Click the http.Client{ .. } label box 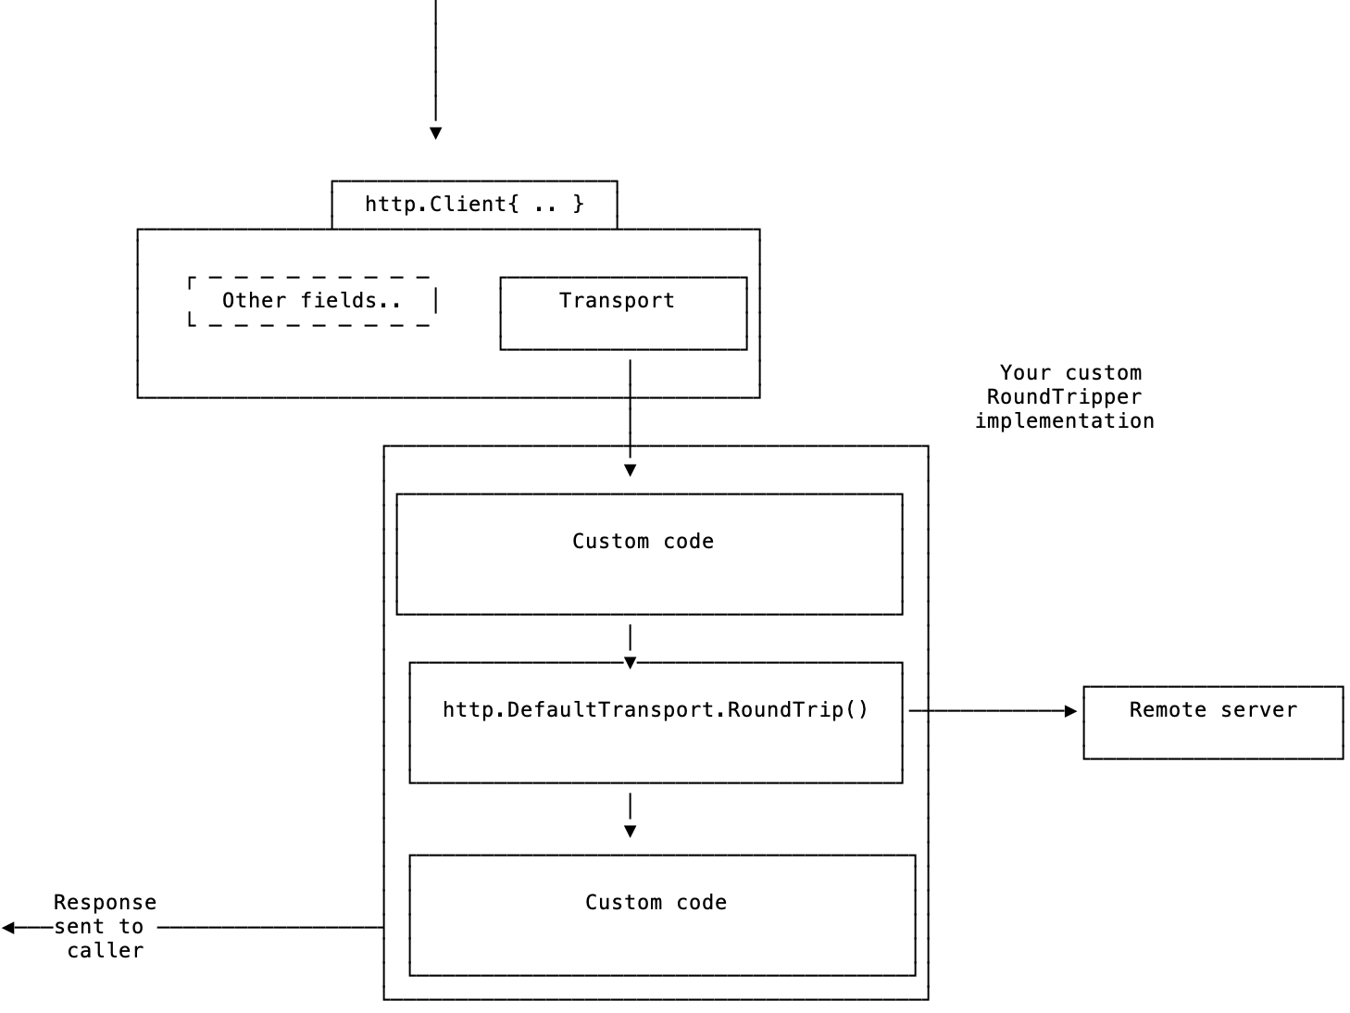[474, 205]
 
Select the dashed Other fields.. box [312, 301]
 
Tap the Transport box [623, 313]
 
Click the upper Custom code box [649, 554]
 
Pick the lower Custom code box [662, 915]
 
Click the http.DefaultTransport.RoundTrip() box [656, 722]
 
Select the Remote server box [1213, 722]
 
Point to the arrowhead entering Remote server [1071, 711]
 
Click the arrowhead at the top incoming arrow [435, 133]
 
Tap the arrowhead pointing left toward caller [8, 927]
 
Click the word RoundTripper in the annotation [1064, 397]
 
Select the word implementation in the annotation [1064, 421]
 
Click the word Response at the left [105, 903]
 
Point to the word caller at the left [105, 951]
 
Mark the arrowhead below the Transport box [630, 470]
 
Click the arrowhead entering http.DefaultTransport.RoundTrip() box [630, 663]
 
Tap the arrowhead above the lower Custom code [630, 832]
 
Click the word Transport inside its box [617, 301]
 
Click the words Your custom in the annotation [1070, 373]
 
